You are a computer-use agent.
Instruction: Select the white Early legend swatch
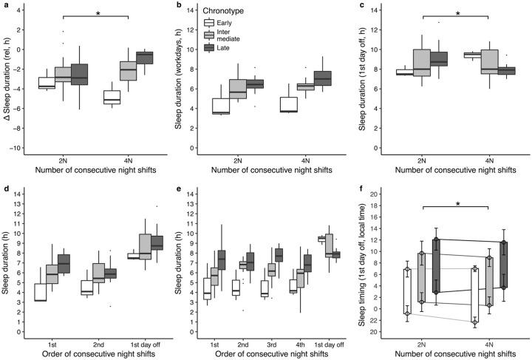click(x=210, y=23)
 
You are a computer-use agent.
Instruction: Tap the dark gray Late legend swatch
click(x=210, y=47)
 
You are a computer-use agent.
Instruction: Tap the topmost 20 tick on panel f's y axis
click(x=373, y=194)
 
